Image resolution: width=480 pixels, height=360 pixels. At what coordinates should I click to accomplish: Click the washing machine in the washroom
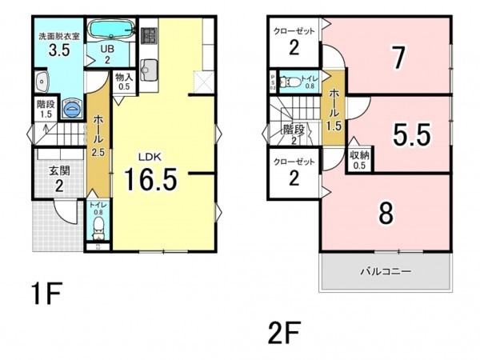point(72,106)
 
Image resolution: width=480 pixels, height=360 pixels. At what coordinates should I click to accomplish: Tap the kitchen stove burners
point(148,35)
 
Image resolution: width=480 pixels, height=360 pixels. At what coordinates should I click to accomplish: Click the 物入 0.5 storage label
point(124,82)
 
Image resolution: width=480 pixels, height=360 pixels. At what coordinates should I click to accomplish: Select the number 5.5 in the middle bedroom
point(412,135)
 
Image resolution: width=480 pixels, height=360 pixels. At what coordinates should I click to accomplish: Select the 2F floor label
point(286,330)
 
